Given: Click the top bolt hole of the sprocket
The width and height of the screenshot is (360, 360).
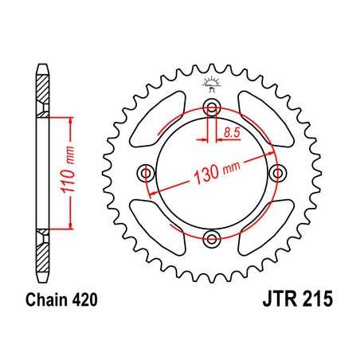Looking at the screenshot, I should (x=211, y=109).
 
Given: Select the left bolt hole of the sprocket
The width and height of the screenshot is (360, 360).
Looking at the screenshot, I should (x=147, y=172).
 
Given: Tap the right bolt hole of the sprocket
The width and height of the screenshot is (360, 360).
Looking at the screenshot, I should (x=276, y=172).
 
